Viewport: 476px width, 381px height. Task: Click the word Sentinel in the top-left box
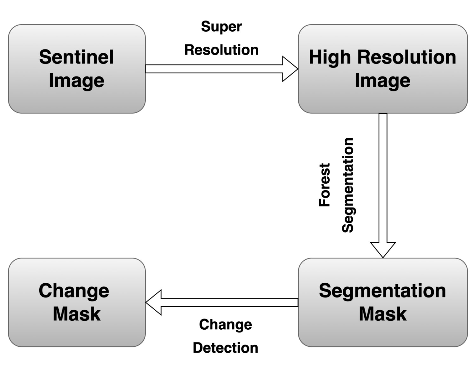click(x=76, y=57)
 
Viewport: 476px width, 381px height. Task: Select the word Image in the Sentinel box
click(x=76, y=81)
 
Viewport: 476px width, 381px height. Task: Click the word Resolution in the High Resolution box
click(x=407, y=57)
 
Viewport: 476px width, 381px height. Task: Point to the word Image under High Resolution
click(x=382, y=81)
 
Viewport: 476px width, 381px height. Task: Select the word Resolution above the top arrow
click(x=221, y=50)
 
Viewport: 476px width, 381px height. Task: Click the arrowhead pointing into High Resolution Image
click(x=290, y=69)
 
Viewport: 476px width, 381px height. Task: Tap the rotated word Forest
click(x=325, y=185)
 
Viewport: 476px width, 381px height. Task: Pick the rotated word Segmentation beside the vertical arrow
click(x=348, y=185)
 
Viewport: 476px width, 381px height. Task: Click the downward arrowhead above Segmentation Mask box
click(x=383, y=249)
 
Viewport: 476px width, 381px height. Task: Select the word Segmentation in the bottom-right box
click(x=382, y=291)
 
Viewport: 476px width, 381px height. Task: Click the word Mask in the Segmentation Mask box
click(x=382, y=314)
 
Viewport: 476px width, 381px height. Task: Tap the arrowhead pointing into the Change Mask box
click(x=154, y=302)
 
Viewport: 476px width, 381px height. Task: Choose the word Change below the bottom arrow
click(x=225, y=325)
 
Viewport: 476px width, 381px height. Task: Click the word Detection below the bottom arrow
click(x=225, y=348)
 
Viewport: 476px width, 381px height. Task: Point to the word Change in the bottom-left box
click(x=74, y=291)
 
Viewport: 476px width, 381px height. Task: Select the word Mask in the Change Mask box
click(x=76, y=314)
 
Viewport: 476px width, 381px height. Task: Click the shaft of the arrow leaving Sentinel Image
click(x=214, y=69)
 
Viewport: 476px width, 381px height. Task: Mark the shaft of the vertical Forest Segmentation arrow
click(x=383, y=178)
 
